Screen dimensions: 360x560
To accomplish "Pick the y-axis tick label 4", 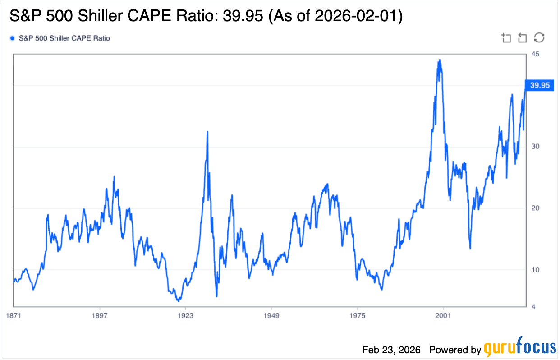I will point(533,307).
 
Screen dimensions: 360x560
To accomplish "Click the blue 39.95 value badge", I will point(540,86).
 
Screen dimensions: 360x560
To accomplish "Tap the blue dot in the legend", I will point(12,38).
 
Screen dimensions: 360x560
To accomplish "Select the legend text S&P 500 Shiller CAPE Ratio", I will point(64,38).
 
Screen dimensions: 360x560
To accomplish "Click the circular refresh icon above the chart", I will point(539,38).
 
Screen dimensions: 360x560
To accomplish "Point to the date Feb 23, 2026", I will point(391,350).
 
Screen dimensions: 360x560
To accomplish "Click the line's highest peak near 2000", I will point(440,60).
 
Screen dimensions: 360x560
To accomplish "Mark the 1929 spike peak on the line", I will point(207,131).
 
